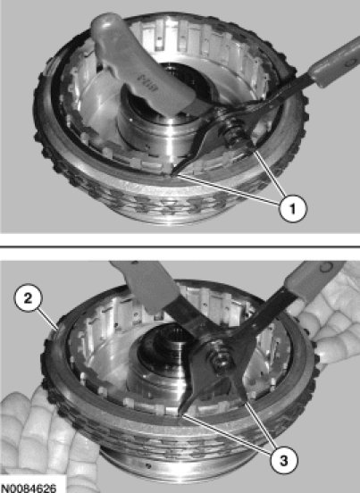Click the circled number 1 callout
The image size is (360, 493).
coord(293,208)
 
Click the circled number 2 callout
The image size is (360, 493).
coord(28,298)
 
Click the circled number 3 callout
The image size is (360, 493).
coord(283,461)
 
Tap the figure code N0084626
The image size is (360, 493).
coord(29,488)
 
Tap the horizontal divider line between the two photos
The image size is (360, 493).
coord(180,247)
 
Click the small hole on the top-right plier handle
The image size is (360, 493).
coord(349,63)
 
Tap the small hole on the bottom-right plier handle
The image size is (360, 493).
coord(326,267)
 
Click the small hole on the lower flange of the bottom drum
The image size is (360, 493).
coord(148,465)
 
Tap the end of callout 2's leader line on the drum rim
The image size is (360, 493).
coord(57,330)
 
